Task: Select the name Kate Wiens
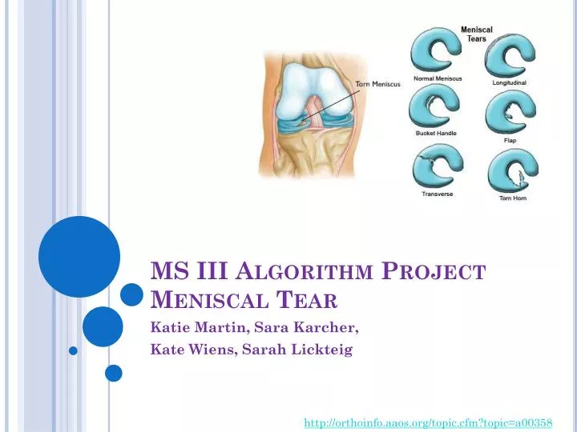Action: click(x=190, y=350)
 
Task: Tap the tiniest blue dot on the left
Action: click(x=73, y=350)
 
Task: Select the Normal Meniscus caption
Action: click(x=438, y=78)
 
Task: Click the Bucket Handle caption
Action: click(x=436, y=133)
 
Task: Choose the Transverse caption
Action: click(x=437, y=192)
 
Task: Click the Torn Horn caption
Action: click(x=513, y=198)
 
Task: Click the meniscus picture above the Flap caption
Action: click(x=510, y=111)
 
